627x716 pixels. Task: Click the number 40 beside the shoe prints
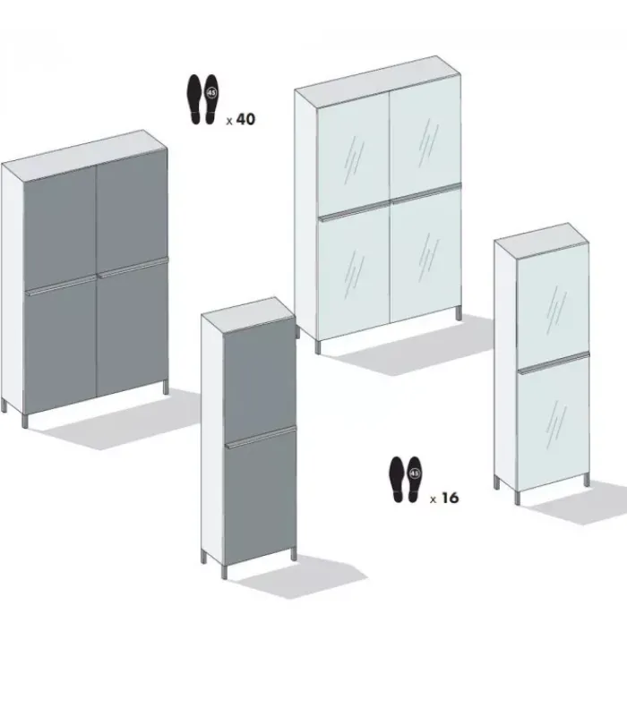pos(245,119)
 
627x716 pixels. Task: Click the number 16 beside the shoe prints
pos(450,498)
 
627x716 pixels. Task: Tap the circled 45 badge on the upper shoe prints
pos(211,93)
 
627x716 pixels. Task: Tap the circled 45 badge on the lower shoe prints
pos(414,473)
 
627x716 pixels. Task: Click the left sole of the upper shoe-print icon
pos(194,98)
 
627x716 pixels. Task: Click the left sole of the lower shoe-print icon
pos(397,480)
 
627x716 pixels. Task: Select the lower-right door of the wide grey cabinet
pos(133,328)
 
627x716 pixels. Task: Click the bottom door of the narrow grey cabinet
pos(261,499)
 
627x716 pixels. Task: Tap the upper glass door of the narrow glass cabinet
pos(553,305)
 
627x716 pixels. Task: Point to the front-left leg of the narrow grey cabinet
pos(225,573)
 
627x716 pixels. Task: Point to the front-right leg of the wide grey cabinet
pos(166,388)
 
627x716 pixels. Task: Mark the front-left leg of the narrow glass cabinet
pos(518,498)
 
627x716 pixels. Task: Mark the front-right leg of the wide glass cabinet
pos(459,313)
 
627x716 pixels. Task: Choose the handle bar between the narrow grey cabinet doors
pos(261,437)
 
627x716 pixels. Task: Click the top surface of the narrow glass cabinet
pos(542,240)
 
